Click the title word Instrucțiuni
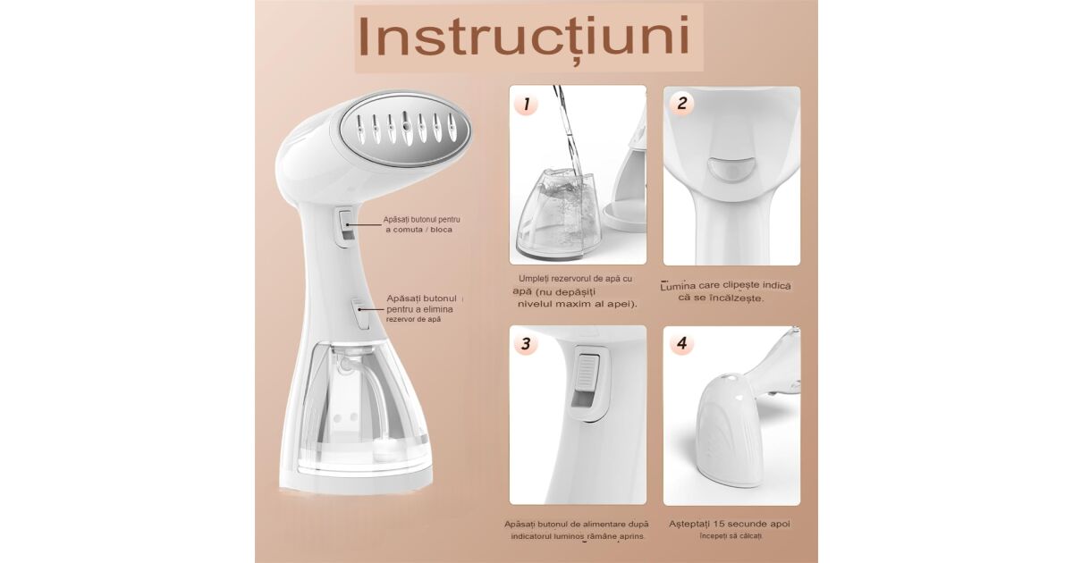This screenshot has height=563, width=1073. [524, 38]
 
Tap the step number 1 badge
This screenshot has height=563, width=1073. [527, 104]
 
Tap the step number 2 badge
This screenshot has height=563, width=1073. [681, 103]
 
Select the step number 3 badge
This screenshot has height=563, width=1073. [526, 343]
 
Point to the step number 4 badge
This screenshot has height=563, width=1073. [681, 343]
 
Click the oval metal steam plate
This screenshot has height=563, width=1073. [405, 128]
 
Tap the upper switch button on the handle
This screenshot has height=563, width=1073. [346, 225]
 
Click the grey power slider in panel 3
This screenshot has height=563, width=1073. [587, 378]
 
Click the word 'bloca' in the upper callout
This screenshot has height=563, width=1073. [441, 230]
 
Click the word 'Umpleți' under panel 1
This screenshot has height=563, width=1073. [534, 279]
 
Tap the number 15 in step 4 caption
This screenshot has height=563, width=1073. [719, 524]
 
